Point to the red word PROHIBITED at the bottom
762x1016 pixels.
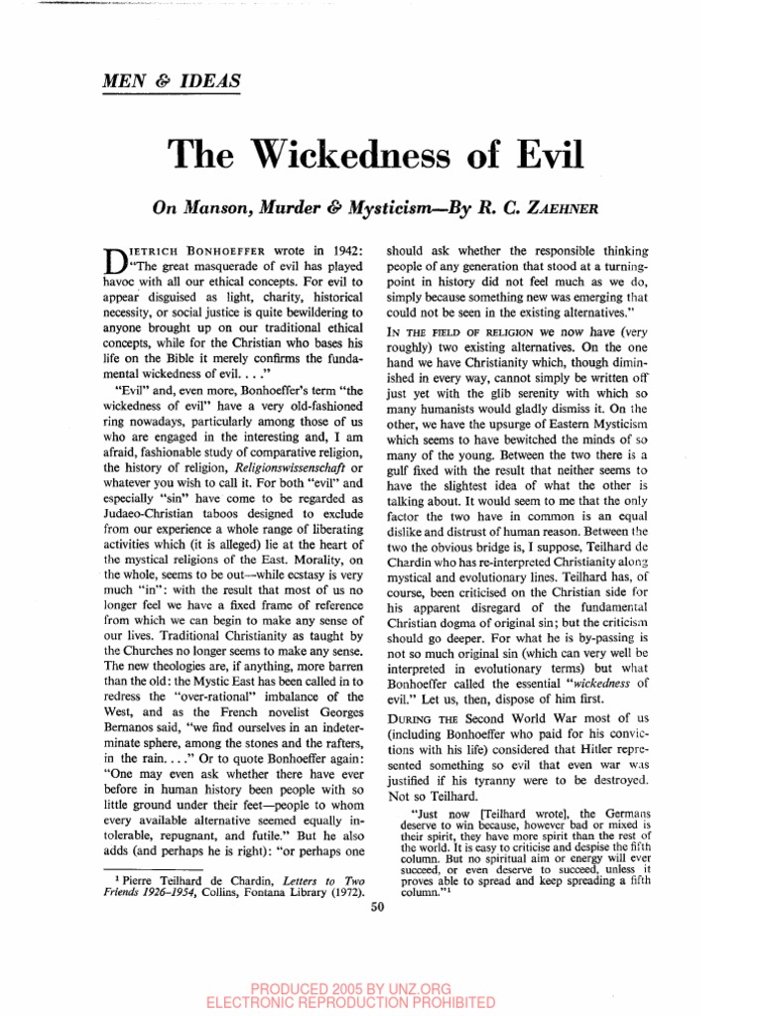tap(504, 1002)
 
